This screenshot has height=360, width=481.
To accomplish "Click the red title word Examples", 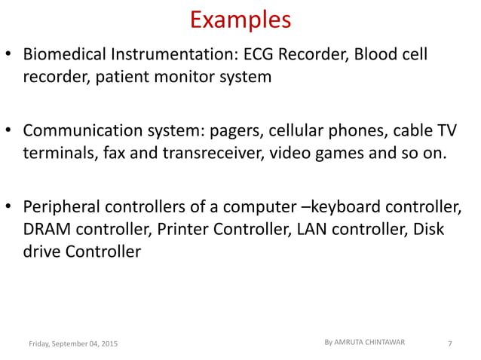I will pos(240,20).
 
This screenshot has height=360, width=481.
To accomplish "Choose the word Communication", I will pos(78,131).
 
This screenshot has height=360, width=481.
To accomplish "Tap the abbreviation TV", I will pos(446,131).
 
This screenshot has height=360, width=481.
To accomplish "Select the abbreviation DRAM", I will pos(46,229).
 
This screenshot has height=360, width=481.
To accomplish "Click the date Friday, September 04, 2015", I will pos(72,344).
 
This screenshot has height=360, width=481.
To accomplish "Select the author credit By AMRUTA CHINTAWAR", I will pos(364,342).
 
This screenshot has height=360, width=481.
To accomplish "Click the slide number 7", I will pos(449,344).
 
